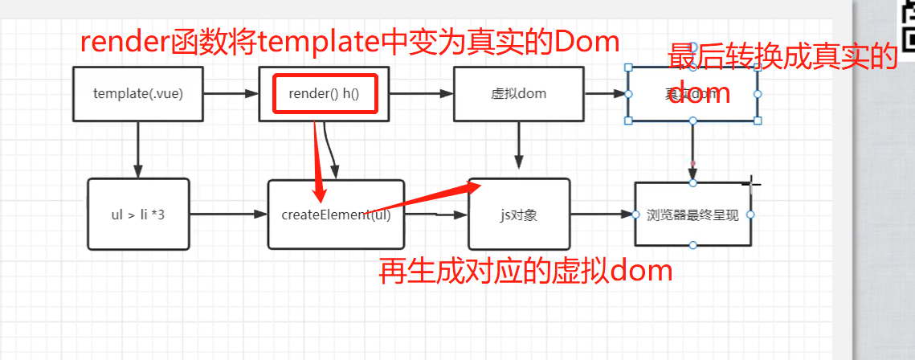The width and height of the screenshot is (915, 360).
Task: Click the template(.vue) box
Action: click(138, 94)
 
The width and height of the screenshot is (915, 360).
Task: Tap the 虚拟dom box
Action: click(518, 94)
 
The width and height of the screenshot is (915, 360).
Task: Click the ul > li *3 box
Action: click(138, 214)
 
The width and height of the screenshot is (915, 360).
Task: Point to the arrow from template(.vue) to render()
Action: click(231, 94)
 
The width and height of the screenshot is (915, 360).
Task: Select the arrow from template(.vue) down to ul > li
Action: click(138, 149)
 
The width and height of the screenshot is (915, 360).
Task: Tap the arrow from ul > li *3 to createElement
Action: click(228, 215)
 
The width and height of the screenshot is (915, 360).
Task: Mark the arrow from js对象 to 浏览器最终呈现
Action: click(602, 215)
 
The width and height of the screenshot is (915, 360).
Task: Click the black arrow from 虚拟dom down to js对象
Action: click(519, 145)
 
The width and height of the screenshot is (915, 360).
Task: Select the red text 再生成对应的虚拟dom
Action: click(525, 272)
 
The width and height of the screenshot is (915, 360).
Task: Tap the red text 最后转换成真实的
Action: click(782, 58)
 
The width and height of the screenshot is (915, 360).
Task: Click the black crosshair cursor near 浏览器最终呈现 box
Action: click(752, 184)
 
